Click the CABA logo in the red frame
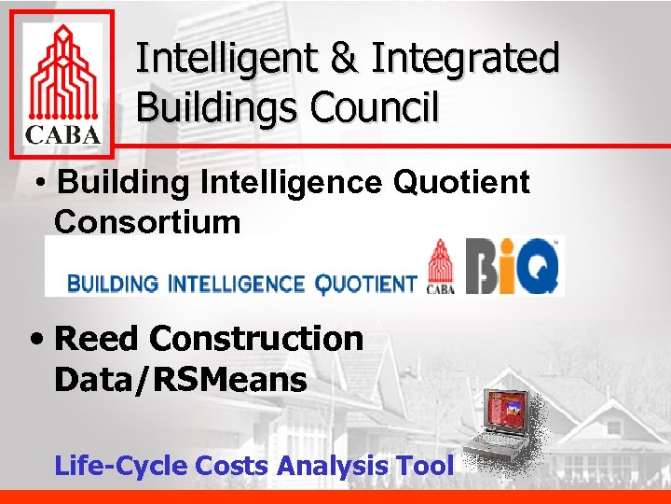point(62,84)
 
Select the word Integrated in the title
point(465,59)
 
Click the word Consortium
point(147,222)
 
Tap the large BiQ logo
point(513,267)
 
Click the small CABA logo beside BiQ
point(440,267)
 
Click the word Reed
point(94,339)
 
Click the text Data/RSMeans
point(180,380)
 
